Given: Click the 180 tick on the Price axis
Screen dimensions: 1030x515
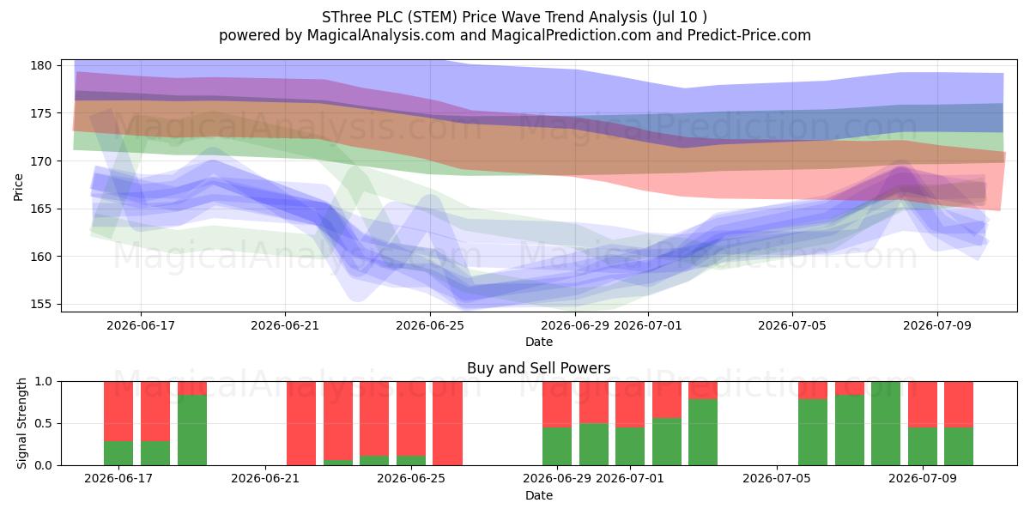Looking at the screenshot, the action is coord(41,65).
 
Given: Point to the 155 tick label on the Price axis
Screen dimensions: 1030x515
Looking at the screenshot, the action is coord(41,305).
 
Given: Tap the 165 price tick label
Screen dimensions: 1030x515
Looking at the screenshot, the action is coord(41,209).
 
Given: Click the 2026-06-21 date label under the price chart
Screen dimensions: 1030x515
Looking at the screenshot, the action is coord(285,325).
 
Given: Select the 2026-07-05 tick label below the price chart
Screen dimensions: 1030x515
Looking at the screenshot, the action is coord(792,325).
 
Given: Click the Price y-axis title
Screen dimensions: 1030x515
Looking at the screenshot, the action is coord(18,187).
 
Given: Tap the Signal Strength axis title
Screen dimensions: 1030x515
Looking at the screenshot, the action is coord(21,423).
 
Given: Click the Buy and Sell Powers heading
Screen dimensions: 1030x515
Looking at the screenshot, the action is coord(539,368).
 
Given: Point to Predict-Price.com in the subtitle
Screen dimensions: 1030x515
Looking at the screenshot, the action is coord(749,35).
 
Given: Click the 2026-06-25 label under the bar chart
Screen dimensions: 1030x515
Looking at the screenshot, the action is coord(411,478).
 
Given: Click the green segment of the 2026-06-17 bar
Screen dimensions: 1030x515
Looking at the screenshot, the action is coord(118,453).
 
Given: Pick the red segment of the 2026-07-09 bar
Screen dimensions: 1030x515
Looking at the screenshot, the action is coord(923,404).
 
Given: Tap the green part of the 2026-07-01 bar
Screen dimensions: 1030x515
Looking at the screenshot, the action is coord(630,446).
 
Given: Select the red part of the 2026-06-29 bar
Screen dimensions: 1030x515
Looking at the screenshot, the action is coord(557,404).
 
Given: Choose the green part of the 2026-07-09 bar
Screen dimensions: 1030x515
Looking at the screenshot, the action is coord(923,446).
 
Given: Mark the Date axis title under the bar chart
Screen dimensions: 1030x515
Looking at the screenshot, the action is coord(539,495).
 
